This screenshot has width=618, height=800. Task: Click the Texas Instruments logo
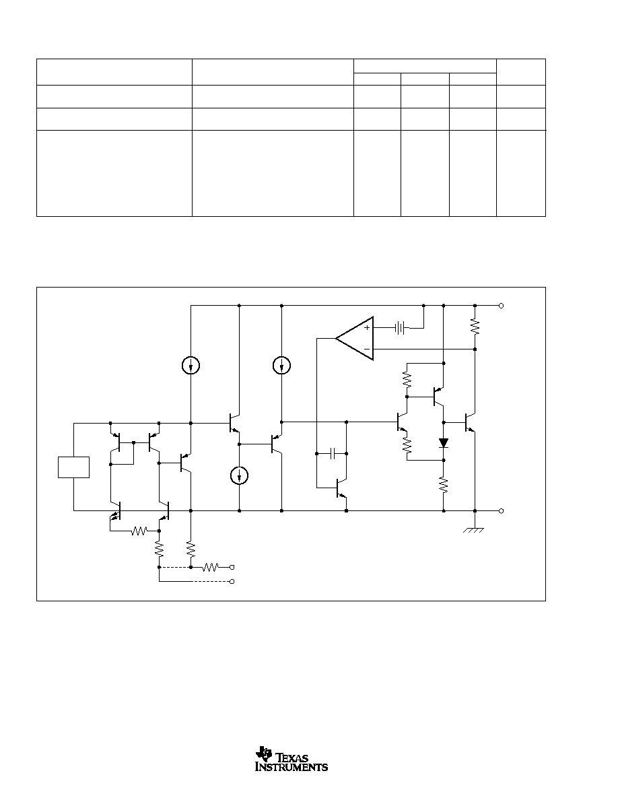[291, 759]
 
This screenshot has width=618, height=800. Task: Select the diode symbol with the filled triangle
[444, 443]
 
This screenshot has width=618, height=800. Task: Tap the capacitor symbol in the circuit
[332, 453]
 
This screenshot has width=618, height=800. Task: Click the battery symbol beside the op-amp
[400, 328]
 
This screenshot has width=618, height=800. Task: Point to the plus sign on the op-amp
[367, 327]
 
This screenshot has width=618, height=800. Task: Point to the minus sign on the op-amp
[367, 349]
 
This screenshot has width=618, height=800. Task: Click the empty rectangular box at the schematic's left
[74, 467]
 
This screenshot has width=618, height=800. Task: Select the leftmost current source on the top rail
[191, 365]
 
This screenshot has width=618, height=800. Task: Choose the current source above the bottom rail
[239, 476]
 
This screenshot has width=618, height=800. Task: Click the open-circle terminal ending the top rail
[501, 306]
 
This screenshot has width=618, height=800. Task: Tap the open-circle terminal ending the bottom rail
[501, 510]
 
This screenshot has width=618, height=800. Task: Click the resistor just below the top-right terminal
[475, 327]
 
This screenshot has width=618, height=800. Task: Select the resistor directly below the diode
[444, 485]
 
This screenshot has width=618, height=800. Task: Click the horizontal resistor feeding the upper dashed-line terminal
[211, 567]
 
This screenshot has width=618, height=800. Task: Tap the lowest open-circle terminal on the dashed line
[232, 582]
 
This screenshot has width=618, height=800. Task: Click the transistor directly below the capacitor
[341, 489]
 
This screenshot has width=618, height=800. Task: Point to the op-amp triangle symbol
[354, 338]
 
